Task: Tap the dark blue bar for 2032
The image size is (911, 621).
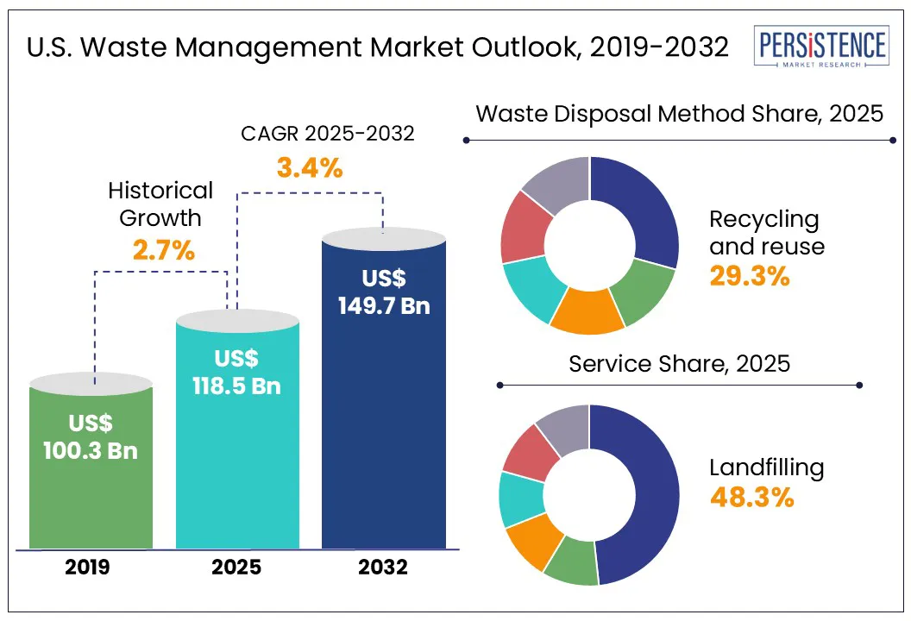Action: click(x=383, y=414)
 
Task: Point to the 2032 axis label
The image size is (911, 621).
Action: click(x=384, y=567)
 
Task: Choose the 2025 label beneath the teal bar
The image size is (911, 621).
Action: click(x=237, y=567)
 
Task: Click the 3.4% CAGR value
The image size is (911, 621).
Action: click(x=310, y=167)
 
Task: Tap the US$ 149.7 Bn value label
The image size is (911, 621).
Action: click(x=384, y=292)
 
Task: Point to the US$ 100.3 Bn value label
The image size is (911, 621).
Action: click(x=91, y=436)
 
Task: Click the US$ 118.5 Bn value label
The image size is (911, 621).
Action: click(x=236, y=373)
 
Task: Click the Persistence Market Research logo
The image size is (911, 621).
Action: click(x=820, y=48)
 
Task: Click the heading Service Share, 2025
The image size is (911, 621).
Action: click(x=679, y=363)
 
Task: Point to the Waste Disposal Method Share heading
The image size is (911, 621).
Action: click(x=680, y=114)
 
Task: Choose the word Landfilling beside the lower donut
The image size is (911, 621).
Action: click(x=767, y=467)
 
